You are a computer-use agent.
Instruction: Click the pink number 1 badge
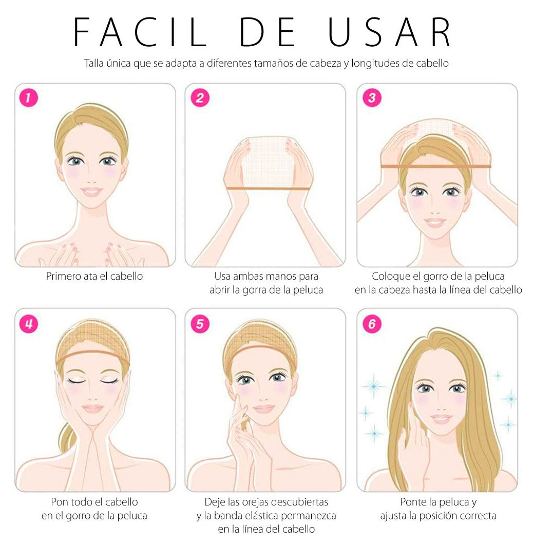(x=28, y=98)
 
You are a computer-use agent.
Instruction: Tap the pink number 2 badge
(x=200, y=98)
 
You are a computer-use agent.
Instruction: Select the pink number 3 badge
(x=372, y=98)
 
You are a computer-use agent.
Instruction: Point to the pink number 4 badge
(x=28, y=324)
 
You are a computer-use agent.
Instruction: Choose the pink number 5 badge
(x=200, y=324)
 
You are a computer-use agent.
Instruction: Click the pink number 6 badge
(x=372, y=324)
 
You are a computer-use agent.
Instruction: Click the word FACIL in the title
(x=140, y=32)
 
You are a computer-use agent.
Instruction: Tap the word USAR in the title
(x=390, y=32)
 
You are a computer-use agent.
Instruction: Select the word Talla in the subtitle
(x=93, y=63)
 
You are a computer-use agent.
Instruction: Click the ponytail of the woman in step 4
(x=67, y=437)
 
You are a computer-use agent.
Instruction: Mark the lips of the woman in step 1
(x=91, y=191)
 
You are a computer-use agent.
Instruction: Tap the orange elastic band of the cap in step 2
(x=268, y=189)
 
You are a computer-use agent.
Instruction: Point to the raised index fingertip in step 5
(x=238, y=397)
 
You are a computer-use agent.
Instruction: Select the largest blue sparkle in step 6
(x=373, y=386)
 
